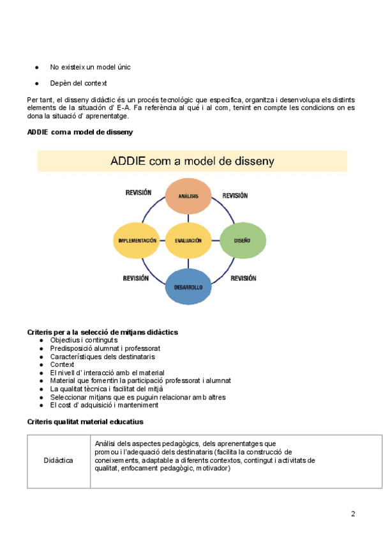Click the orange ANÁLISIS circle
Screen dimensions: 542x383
tap(188, 196)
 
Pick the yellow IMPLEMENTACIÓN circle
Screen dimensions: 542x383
tap(137, 240)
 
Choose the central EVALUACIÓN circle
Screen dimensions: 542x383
tap(188, 240)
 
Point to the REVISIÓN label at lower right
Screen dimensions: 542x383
tap(243, 279)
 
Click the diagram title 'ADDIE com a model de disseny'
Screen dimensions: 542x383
tap(192, 161)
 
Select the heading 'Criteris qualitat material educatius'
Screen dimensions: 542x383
tap(85, 422)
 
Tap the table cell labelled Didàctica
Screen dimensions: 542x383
tap(58, 461)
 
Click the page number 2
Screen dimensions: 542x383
tap(353, 514)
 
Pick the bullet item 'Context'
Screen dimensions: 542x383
tap(62, 365)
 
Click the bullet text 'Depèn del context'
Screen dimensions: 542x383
tap(79, 83)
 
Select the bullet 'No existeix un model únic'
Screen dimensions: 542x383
tap(91, 66)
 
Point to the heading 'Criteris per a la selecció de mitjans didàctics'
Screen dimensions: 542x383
tap(102, 332)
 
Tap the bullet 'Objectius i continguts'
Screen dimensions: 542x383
tap(84, 341)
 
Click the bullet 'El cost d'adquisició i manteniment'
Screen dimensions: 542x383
tap(104, 405)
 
